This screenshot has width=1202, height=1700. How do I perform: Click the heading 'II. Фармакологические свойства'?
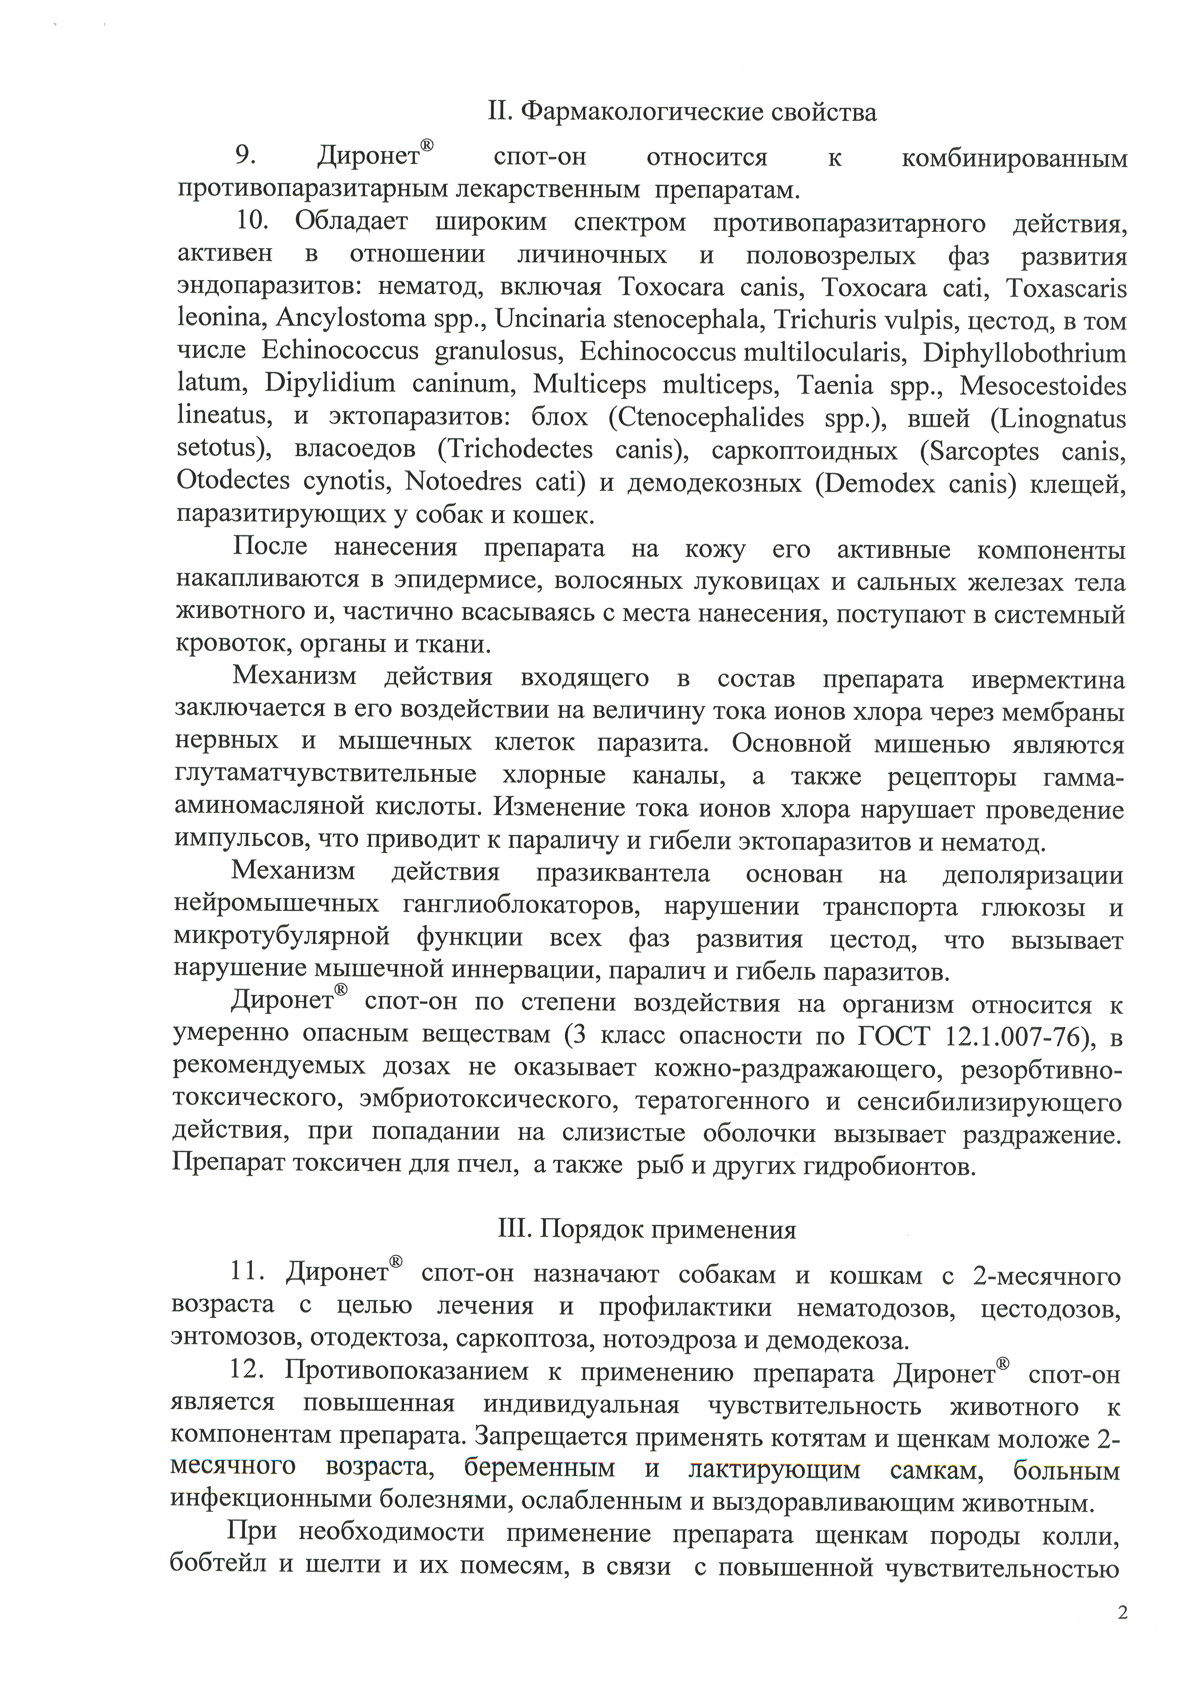tap(682, 112)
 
